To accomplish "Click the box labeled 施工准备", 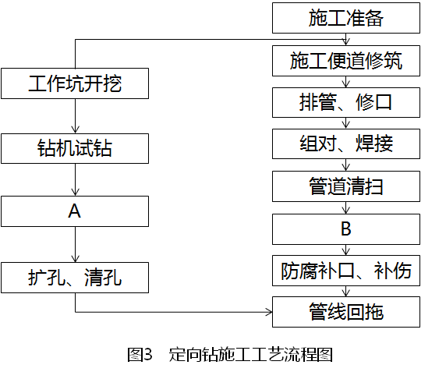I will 345,18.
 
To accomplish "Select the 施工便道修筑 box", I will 345,60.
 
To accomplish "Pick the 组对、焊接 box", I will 345,144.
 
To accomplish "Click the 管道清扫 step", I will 345,186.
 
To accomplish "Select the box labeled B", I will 345,228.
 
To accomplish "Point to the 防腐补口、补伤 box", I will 345,271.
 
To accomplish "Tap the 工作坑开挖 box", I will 75,83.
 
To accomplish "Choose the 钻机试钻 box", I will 75,147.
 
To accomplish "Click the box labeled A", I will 75,211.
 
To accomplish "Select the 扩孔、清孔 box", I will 75,276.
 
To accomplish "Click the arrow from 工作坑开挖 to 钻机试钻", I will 75,115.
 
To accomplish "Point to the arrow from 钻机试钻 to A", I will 75,179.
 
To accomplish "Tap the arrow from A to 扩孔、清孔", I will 75,244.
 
